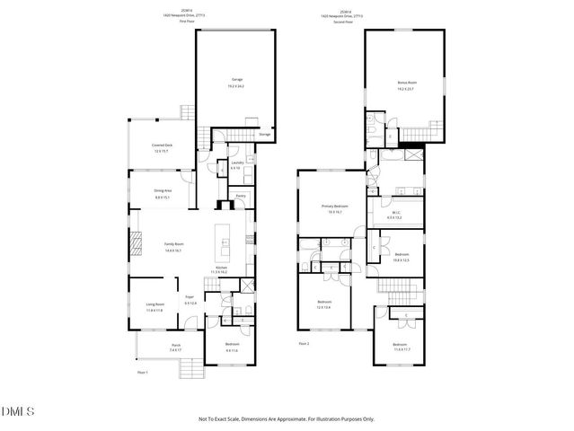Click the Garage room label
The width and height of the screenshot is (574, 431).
[237, 80]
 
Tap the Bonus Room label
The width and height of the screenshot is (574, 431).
[407, 83]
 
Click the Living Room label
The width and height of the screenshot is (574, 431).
[155, 304]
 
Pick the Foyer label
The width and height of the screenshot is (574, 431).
[190, 296]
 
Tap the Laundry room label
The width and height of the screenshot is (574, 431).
[235, 164]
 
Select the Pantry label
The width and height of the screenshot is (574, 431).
[241, 196]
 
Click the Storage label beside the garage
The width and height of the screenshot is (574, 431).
[264, 136]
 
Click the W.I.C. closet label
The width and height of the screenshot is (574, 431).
[394, 214]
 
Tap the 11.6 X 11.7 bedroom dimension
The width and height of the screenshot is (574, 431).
[399, 349]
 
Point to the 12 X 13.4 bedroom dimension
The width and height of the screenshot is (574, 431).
[324, 308]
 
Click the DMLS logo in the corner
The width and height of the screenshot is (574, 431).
[18, 411]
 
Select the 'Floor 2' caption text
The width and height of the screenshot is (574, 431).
[304, 344]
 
